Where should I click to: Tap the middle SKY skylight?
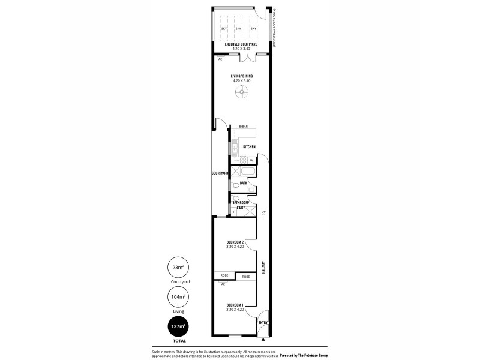click(x=238, y=28)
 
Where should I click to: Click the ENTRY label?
click(x=263, y=323)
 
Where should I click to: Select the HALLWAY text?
click(x=263, y=268)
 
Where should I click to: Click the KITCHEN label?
click(x=249, y=147)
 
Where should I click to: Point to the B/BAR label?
click(x=244, y=127)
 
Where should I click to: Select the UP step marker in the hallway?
click(x=263, y=212)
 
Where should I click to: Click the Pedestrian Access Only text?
click(x=274, y=28)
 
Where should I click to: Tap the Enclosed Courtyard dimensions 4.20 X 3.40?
click(x=239, y=48)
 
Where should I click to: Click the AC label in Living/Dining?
click(x=220, y=59)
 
